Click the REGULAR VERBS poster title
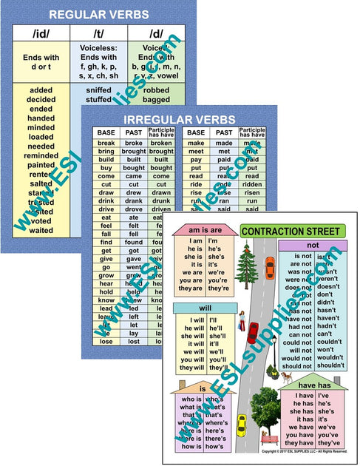coord(98,14)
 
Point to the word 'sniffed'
coord(98,88)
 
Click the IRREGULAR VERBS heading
coord(180,120)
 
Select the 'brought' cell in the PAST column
coord(134,151)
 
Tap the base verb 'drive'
coord(106,209)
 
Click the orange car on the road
coord(270,265)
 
